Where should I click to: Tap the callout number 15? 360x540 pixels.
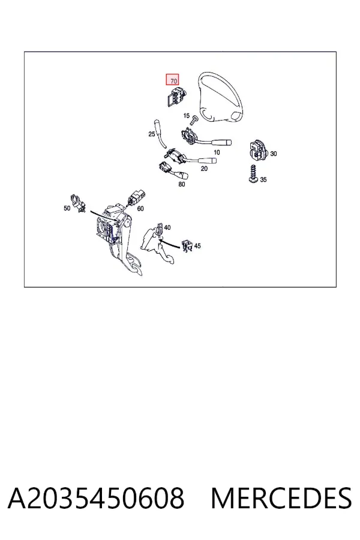(187, 116)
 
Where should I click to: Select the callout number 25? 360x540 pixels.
(152, 134)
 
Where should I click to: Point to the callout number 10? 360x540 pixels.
(217, 152)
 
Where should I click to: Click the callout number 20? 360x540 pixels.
(204, 169)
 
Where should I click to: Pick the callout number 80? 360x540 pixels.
(182, 184)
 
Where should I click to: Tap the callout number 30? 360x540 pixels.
(273, 154)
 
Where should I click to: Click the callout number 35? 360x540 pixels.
(263, 179)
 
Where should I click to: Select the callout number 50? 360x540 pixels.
(67, 208)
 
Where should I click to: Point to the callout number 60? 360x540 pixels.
(140, 209)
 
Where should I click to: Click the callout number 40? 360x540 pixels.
(167, 227)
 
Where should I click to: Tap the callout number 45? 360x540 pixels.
(197, 246)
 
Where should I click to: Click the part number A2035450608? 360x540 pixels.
(96, 498)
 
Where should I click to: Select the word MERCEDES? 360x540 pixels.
(281, 498)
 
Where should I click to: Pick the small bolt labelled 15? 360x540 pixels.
(195, 119)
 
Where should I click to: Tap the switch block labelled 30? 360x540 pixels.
(257, 151)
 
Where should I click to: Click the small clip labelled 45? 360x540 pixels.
(187, 246)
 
